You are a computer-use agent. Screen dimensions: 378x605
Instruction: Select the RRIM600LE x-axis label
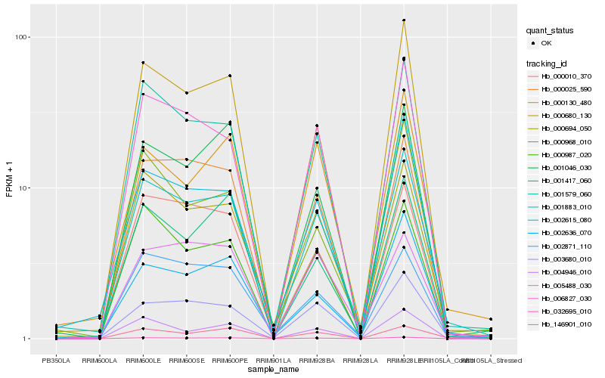[x=142, y=361]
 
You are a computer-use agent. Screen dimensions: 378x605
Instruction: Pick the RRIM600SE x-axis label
[x=185, y=361]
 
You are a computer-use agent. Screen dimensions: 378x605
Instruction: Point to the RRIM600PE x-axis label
[x=229, y=361]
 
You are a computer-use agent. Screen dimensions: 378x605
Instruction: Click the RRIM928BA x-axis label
[x=316, y=361]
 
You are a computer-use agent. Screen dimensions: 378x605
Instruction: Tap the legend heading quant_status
[x=551, y=30]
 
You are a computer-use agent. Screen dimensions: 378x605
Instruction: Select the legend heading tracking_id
[x=548, y=63]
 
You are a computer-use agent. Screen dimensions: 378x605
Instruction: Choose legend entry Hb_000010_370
[x=566, y=76]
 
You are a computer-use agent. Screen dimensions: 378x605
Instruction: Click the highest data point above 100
[x=404, y=20]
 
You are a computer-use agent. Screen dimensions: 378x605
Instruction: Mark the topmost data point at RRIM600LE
[x=142, y=63]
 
